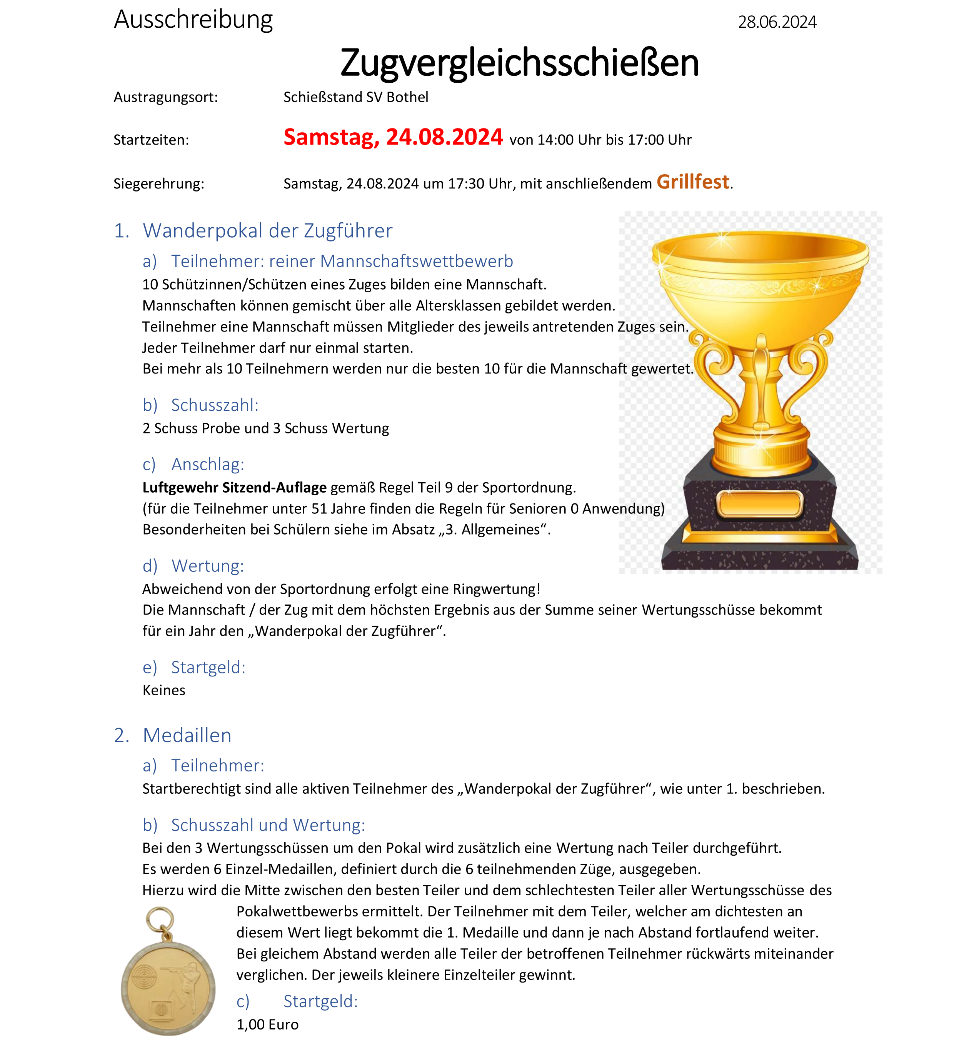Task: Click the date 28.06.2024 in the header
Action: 777,22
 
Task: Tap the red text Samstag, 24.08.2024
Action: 393,137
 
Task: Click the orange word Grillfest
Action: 693,182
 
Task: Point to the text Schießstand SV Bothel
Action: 355,97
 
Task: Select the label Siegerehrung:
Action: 159,184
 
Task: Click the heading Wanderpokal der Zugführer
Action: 267,231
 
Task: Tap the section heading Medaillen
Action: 187,736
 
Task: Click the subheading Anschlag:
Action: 208,465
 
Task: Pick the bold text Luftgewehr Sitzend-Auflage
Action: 235,488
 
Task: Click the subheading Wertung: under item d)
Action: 208,566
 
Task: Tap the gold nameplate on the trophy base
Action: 759,504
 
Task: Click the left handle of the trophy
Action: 714,373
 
